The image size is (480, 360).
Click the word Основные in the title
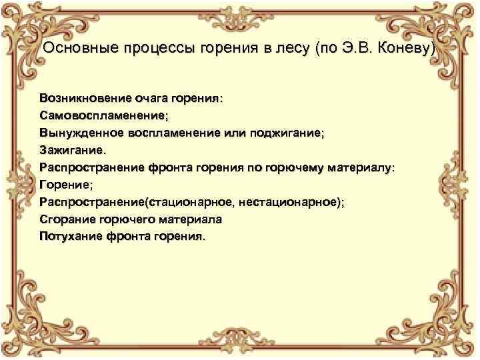pyautogui.click(x=74, y=49)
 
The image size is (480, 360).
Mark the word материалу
pyautogui.click(x=359, y=167)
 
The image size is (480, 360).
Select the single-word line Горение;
pyautogui.click(x=65, y=185)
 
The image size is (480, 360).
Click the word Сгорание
pyautogui.click(x=66, y=219)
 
